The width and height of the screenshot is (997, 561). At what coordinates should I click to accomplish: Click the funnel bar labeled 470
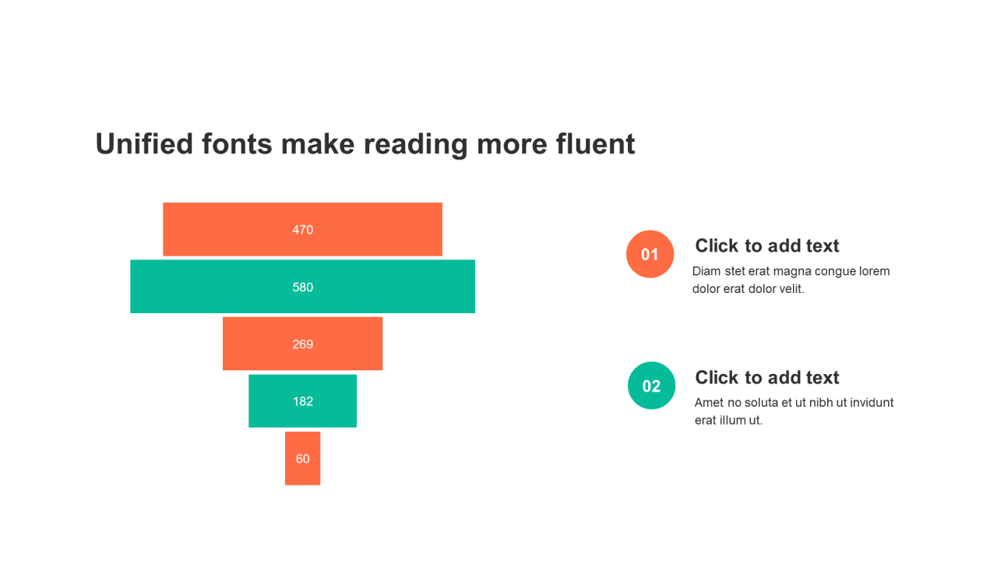(303, 229)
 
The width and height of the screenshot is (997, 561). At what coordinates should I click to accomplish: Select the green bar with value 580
(303, 286)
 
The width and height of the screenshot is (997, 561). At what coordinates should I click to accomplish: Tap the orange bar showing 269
(303, 344)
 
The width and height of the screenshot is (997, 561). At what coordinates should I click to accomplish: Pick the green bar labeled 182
(303, 400)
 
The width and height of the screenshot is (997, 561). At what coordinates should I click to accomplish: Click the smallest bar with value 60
(303, 458)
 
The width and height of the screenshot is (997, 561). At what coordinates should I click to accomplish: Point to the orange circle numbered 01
(650, 254)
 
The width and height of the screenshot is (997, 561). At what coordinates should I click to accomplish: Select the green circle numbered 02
(652, 386)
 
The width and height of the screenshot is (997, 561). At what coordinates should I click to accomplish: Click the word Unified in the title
(145, 144)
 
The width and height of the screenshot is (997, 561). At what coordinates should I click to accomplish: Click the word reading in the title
(416, 145)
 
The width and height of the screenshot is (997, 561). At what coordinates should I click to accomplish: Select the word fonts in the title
(237, 144)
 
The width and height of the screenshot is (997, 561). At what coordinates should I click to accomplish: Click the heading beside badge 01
(767, 245)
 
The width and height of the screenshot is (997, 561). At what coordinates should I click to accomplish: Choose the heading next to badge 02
(767, 378)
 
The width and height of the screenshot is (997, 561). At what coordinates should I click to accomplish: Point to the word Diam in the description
(706, 271)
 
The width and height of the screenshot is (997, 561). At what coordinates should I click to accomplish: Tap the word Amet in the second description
(709, 403)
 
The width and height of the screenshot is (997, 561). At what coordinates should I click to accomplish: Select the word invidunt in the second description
(872, 403)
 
